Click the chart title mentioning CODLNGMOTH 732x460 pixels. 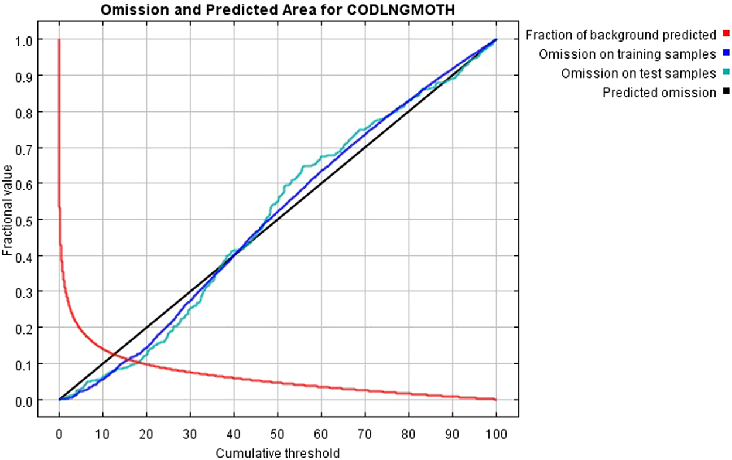pos(278,10)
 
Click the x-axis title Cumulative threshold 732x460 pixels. pos(278,453)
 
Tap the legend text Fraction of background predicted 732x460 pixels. pos(621,35)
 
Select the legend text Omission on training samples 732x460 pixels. pos(627,54)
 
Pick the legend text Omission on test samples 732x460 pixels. pos(638,73)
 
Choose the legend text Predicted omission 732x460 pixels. pos(659,92)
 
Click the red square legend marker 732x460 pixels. pos(727,35)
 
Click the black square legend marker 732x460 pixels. pos(727,91)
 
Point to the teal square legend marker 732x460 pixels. pos(727,73)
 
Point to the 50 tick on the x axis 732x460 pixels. pos(278,435)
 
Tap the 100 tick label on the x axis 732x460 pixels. pos(496,435)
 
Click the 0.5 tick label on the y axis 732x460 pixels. pos(22,219)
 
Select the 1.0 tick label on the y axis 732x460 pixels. pos(22,39)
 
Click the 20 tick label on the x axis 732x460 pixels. pos(146,435)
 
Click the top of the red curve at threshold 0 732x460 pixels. pos(59,40)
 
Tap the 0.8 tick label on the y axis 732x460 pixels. pos(22,111)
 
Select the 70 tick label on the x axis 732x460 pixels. pos(365,435)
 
